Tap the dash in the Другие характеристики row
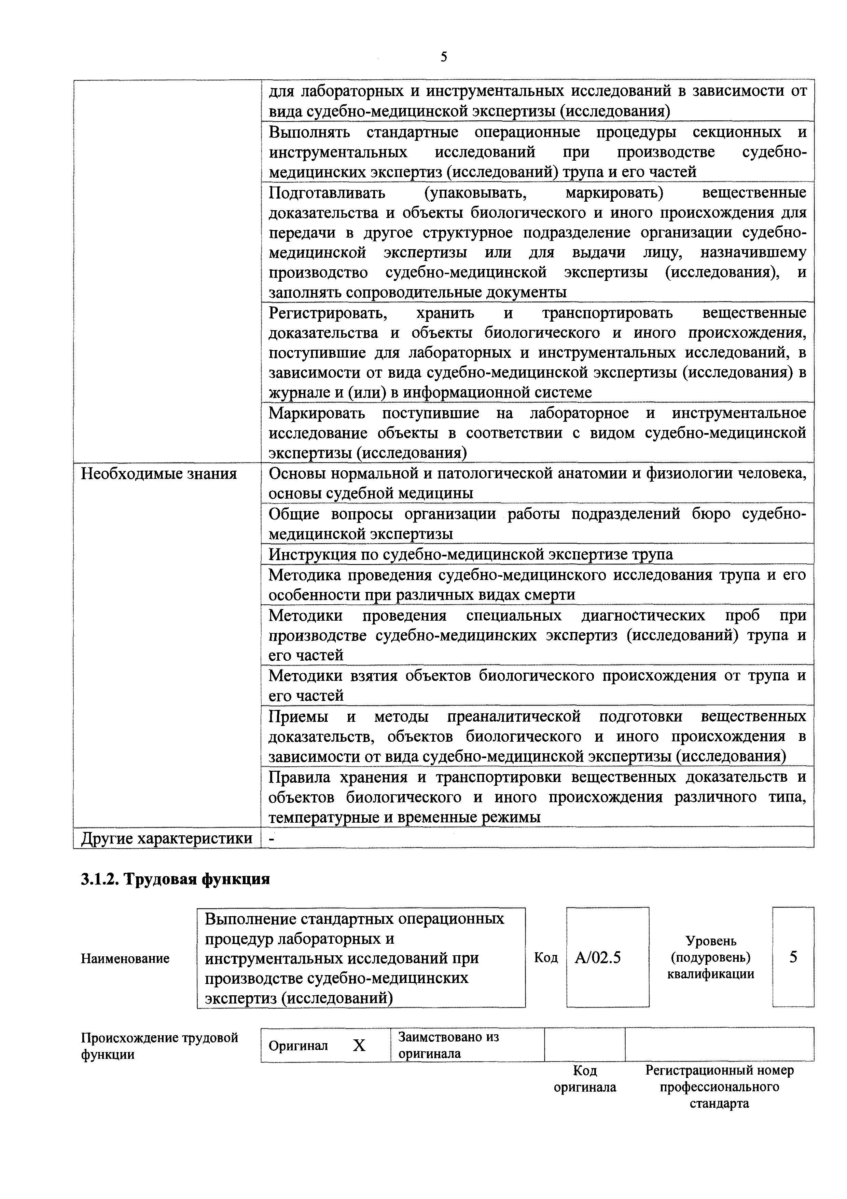[x=272, y=838]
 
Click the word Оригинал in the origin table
[x=298, y=1046]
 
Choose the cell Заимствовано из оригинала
[x=448, y=1045]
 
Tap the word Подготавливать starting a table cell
[x=327, y=193]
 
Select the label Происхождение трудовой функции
[x=159, y=1046]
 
